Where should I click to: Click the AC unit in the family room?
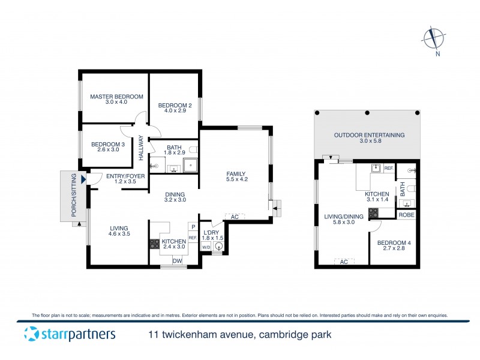click(x=235, y=217)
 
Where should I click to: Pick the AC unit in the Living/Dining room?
click(x=344, y=262)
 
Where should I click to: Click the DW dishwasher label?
click(x=177, y=260)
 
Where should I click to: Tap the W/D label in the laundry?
click(x=205, y=246)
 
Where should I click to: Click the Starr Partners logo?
click(x=69, y=334)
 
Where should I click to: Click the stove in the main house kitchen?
click(x=154, y=244)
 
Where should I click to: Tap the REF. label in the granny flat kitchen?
click(x=388, y=168)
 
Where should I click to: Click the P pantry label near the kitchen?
click(x=193, y=227)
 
